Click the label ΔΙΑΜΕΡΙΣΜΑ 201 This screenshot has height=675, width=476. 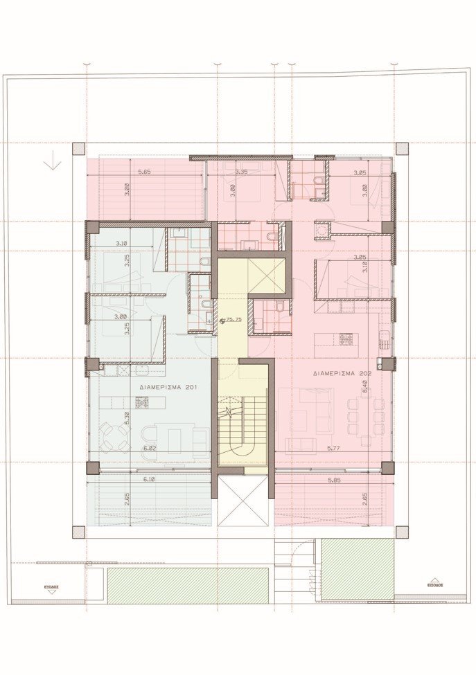(164, 388)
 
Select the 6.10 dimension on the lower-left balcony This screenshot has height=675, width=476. (148, 479)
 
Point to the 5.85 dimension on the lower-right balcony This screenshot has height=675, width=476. (334, 479)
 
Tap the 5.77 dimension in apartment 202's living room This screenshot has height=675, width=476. (334, 449)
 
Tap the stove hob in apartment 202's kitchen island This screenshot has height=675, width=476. (345, 339)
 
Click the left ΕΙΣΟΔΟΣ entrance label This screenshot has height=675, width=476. (51, 585)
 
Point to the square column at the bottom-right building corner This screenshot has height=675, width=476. (401, 532)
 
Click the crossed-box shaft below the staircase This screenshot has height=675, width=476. (243, 501)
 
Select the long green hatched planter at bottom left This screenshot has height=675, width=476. (188, 585)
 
